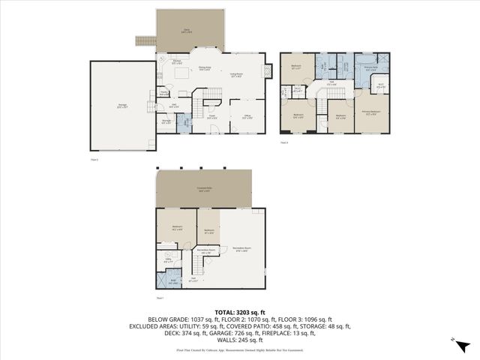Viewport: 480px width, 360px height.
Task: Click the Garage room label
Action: pyautogui.click(x=121, y=106)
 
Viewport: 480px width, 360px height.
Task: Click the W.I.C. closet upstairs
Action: pyautogui.click(x=380, y=85)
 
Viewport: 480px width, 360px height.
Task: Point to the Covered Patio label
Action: pyautogui.click(x=203, y=188)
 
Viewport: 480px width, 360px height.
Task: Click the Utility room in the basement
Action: pyautogui.click(x=168, y=261)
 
